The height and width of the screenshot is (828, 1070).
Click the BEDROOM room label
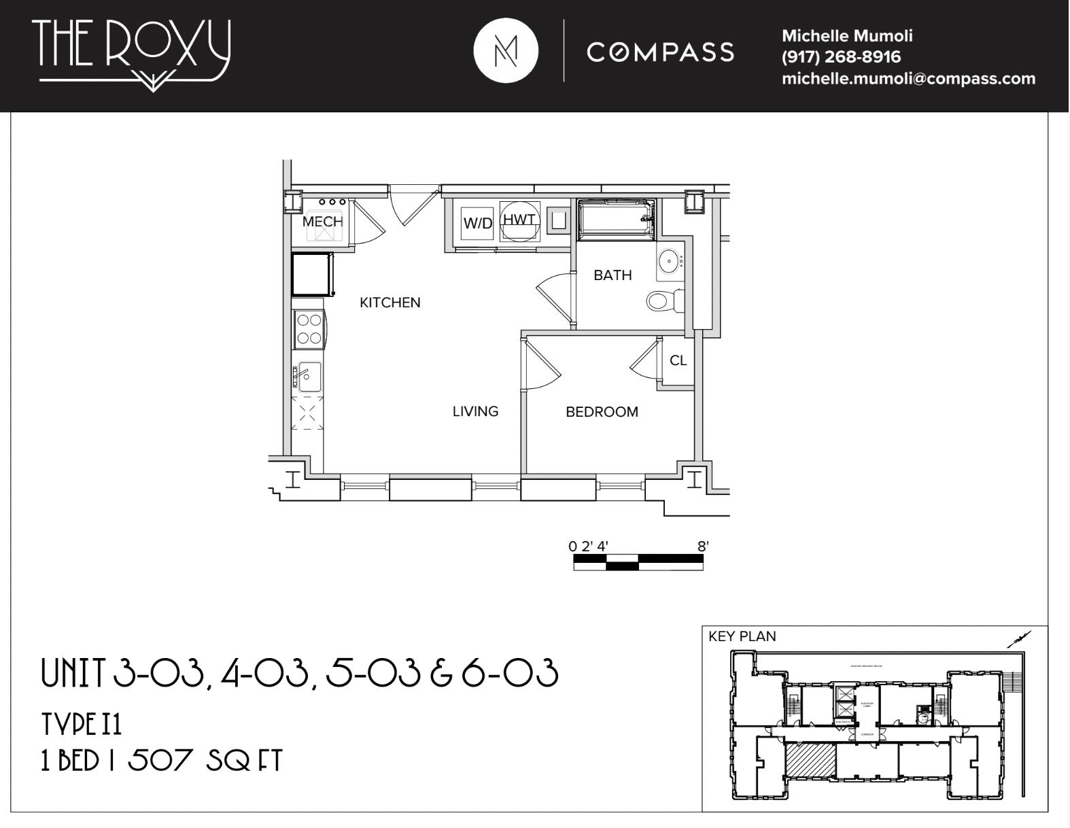point(602,412)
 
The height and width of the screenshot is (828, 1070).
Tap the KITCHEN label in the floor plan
point(390,303)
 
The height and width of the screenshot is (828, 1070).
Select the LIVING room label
point(475,411)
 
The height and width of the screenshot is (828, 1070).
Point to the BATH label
point(612,275)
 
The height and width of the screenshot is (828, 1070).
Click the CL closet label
point(678,361)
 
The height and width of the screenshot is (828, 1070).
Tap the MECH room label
point(322,222)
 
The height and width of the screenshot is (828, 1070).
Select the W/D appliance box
point(477,223)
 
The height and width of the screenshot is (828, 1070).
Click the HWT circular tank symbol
point(520,220)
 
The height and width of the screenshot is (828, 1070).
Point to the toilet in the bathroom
point(663,300)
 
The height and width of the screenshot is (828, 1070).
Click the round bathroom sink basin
point(670,260)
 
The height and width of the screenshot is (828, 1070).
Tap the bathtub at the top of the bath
point(615,218)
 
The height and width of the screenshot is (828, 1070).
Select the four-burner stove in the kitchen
point(309,329)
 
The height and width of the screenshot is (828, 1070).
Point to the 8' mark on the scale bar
point(703,546)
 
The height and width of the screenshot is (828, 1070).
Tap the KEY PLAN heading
point(742,636)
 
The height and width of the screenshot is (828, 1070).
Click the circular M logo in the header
point(505,52)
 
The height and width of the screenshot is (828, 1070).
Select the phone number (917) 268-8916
point(841,57)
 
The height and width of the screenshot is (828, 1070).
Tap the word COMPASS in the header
point(660,52)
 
